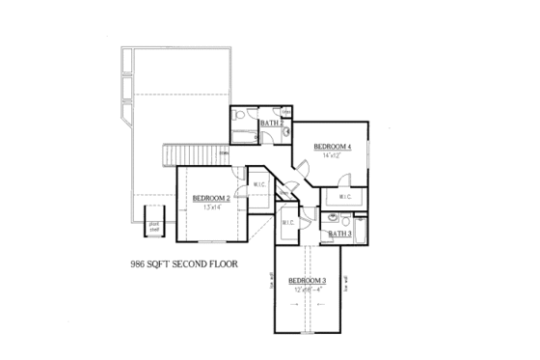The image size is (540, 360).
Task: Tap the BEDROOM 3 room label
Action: pyautogui.click(x=308, y=280)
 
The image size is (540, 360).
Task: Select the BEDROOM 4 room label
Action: pyautogui.click(x=333, y=146)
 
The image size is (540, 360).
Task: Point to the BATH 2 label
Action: pyautogui.click(x=270, y=124)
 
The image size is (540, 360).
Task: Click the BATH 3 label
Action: pyautogui.click(x=338, y=234)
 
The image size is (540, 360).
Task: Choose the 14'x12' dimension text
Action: pyautogui.click(x=333, y=155)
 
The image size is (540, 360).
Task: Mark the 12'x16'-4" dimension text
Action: pyautogui.click(x=308, y=289)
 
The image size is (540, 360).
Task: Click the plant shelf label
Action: pyautogui.click(x=153, y=227)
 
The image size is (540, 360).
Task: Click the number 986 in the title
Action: pyautogui.click(x=141, y=262)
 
